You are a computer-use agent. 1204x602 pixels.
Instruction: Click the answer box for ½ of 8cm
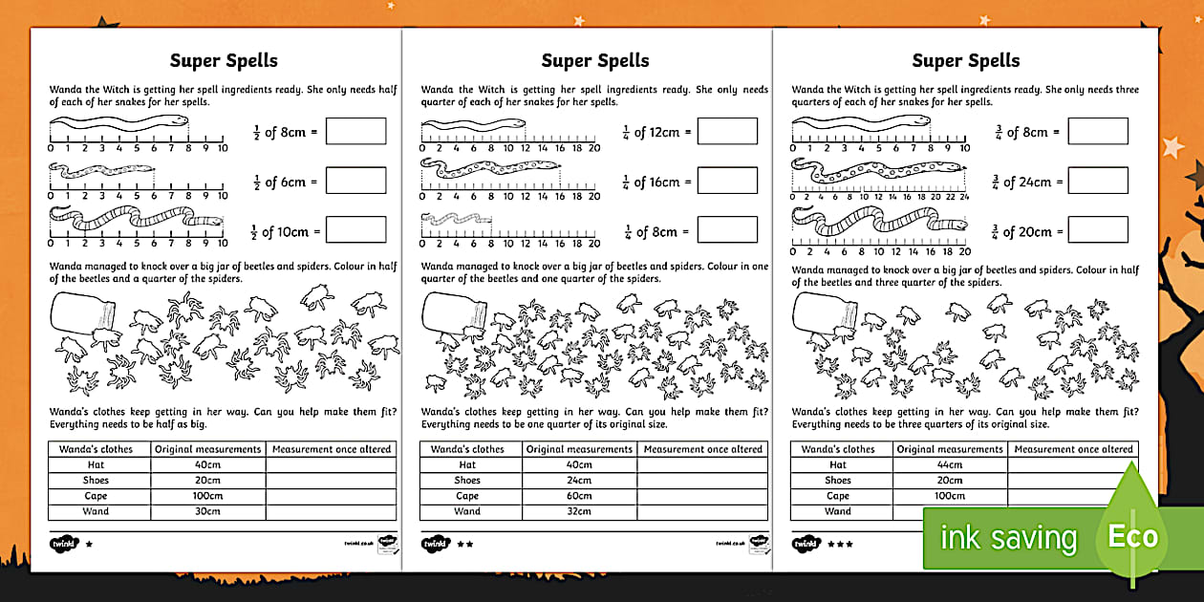pyautogui.click(x=355, y=132)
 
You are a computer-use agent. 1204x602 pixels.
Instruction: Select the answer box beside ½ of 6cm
pyautogui.click(x=355, y=181)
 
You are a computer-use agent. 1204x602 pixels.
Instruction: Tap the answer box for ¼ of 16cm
pyautogui.click(x=726, y=181)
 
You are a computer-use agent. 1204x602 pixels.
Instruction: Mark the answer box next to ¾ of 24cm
pyautogui.click(x=1098, y=181)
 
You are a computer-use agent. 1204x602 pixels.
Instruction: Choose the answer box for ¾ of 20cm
pyautogui.click(x=1098, y=230)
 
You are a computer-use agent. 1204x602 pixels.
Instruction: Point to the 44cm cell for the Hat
pyautogui.click(x=949, y=465)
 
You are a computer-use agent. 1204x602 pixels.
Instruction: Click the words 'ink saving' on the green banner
pyautogui.click(x=1008, y=538)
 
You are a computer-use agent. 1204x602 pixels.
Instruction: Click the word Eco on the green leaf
pyautogui.click(x=1133, y=536)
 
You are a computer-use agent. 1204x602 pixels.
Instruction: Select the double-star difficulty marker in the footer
pyautogui.click(x=465, y=544)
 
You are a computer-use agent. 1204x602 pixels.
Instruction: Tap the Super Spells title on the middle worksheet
pyautogui.click(x=595, y=61)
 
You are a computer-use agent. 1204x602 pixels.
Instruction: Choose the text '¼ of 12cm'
pyautogui.click(x=650, y=132)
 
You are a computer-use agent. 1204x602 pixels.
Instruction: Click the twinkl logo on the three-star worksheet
pyautogui.click(x=806, y=544)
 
